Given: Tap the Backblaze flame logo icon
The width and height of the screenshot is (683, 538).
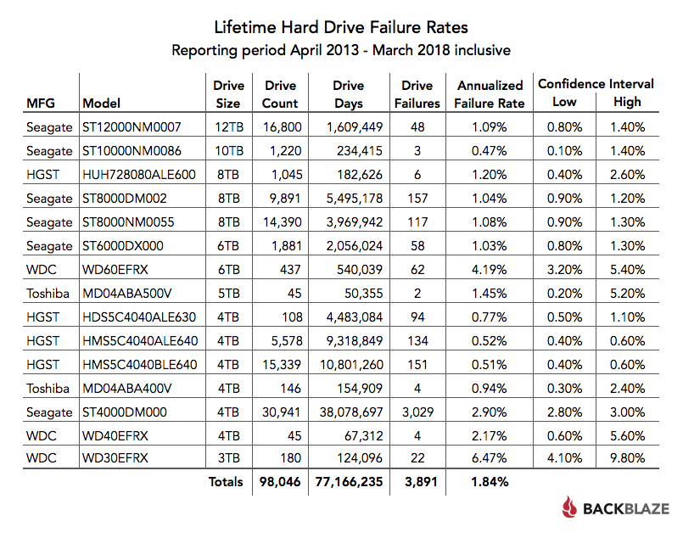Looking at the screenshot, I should pos(569,508).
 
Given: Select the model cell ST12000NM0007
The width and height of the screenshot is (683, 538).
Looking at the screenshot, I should pos(126,127).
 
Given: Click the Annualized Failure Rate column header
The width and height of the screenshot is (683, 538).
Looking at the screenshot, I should pos(490,94).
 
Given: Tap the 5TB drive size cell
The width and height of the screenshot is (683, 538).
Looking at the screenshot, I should pos(228,294).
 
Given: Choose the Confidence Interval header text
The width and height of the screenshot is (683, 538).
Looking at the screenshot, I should pos(596,84).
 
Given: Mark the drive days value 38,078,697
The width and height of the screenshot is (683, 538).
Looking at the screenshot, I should pos(349,412).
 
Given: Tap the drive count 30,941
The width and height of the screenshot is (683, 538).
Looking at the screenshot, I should pos(280,412).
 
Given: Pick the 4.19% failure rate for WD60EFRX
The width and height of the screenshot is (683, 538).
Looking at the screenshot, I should pos(490,270).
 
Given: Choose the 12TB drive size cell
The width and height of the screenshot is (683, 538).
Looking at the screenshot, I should pos(228,127).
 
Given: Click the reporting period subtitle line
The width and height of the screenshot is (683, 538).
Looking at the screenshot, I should pos(341,50).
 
